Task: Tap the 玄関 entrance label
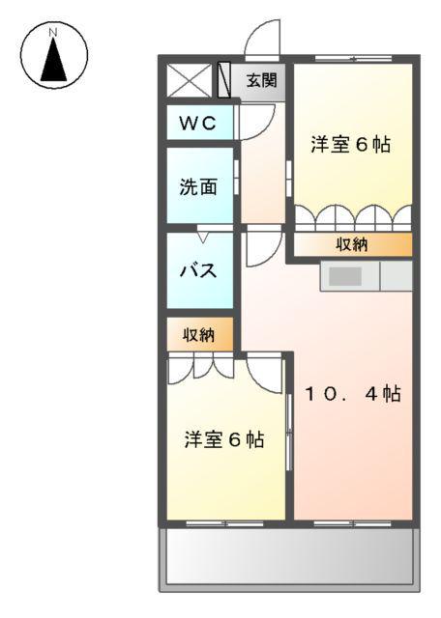[x=260, y=80]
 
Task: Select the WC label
[x=199, y=123]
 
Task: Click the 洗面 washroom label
[x=198, y=186]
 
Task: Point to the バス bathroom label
[x=198, y=270]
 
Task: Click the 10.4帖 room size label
[x=354, y=394]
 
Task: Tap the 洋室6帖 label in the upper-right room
[x=350, y=146]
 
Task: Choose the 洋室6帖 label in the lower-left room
[x=224, y=439]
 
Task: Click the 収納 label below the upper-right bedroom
[x=352, y=244]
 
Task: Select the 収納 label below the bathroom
[x=199, y=335]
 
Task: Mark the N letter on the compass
[x=54, y=32]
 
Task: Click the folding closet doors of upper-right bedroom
[x=352, y=216]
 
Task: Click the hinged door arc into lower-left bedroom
[x=263, y=370]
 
